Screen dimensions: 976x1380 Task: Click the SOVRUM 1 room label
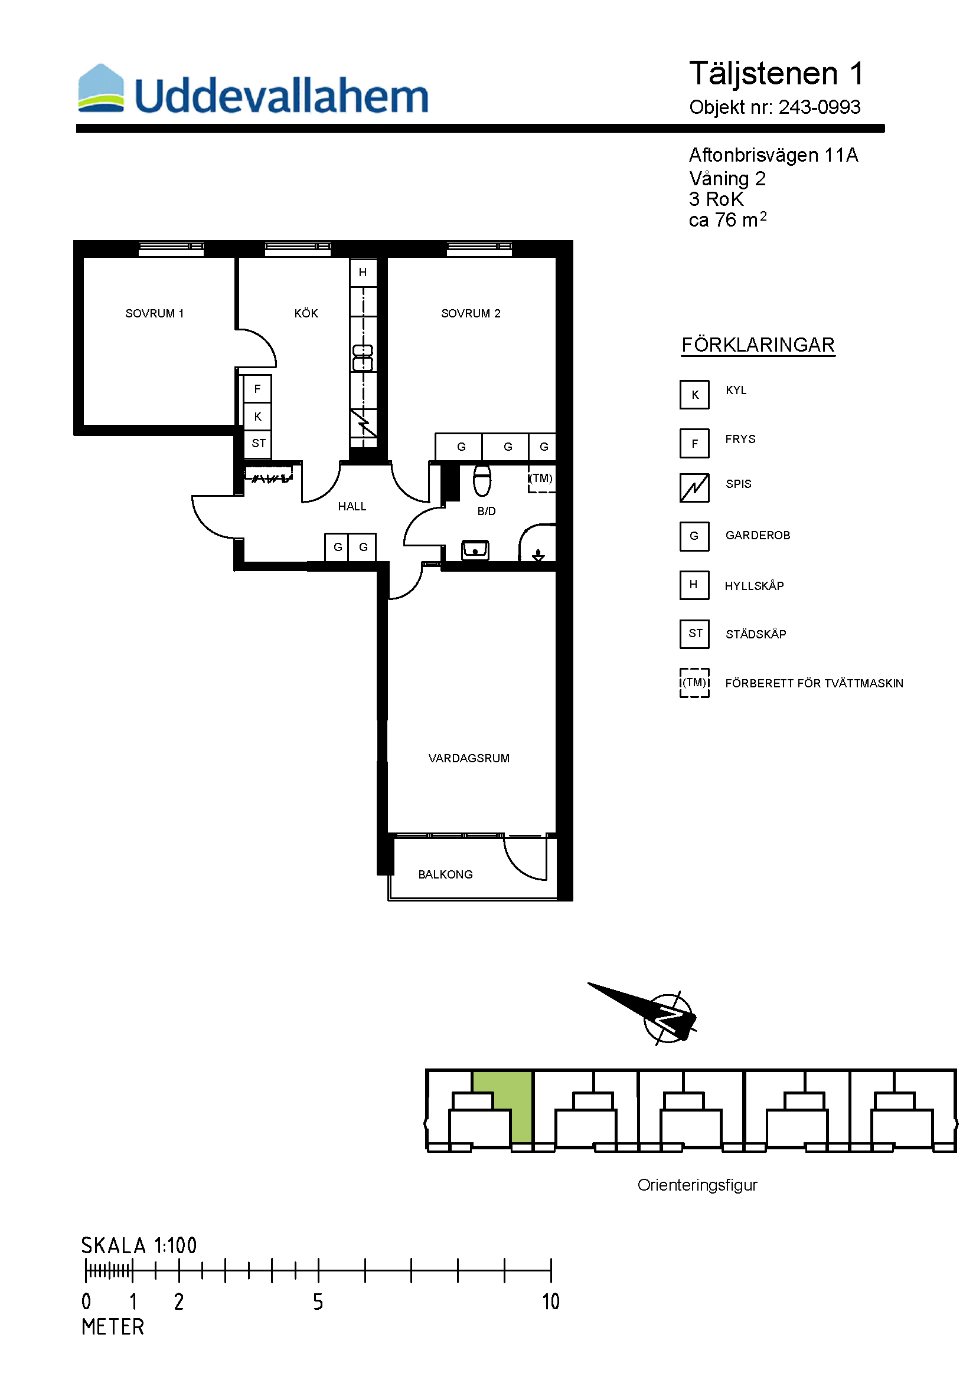point(155,313)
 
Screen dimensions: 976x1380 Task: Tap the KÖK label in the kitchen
point(306,313)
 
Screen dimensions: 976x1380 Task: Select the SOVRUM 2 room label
point(471,313)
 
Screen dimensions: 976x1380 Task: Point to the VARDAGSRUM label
point(469,759)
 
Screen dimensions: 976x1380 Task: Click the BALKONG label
point(446,874)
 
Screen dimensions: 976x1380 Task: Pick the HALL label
point(352,507)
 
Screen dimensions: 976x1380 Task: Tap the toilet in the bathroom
point(482,480)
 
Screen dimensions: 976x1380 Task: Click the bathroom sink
point(475,550)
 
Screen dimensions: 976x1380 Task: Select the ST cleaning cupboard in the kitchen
point(258,444)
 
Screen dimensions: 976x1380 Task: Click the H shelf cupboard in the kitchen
point(363,272)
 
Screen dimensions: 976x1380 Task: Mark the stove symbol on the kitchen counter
point(364,423)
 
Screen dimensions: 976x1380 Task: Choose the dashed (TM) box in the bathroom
point(541,479)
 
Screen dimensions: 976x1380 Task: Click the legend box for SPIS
point(694,487)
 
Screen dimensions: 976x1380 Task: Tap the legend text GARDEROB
point(758,536)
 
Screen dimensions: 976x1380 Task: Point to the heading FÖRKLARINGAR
point(758,345)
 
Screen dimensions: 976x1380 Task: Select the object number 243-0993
point(820,107)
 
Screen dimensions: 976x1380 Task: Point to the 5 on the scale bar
point(318,1302)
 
